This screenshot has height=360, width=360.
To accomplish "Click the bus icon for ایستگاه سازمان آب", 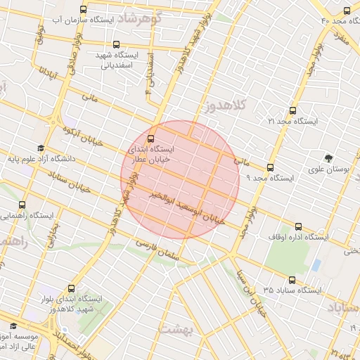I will (84, 10).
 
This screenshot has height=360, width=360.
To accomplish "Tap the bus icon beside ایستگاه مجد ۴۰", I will (347, 10).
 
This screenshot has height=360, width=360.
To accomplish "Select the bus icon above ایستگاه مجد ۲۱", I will (293, 110).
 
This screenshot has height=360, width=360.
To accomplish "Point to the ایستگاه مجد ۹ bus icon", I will (271, 167).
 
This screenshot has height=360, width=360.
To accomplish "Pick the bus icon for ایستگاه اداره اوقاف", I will (299, 227).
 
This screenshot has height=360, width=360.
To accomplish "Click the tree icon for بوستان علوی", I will (328, 157).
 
